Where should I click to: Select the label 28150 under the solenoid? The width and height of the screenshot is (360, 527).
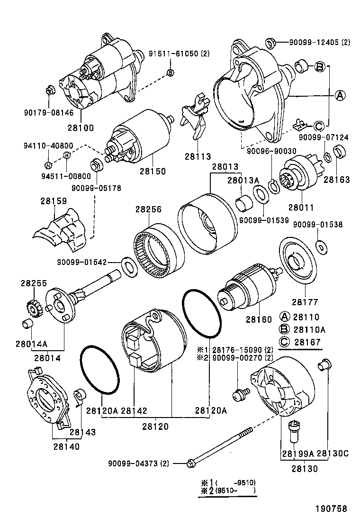click(153, 172)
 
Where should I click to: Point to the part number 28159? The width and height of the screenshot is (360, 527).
click(53, 201)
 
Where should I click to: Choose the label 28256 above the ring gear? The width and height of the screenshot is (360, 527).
click(149, 209)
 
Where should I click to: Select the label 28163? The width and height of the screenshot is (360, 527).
click(336, 180)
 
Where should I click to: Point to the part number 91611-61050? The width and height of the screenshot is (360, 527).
click(173, 54)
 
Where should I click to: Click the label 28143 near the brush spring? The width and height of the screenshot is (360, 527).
click(82, 432)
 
